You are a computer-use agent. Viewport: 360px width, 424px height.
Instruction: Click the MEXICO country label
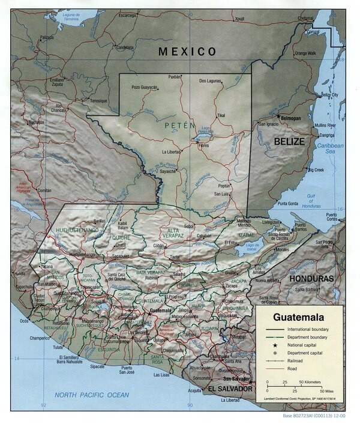pos(187,52)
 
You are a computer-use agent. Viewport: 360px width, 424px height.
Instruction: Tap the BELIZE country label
pos(290,141)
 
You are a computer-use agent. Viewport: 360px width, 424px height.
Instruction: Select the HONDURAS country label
pos(311,279)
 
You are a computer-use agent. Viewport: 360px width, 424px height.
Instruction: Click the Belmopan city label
pos(291,119)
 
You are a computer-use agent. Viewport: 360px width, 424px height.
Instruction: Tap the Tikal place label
pos(221,115)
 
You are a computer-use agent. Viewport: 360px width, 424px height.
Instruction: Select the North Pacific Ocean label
pos(91,395)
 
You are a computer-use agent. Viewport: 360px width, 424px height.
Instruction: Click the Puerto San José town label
pos(127,371)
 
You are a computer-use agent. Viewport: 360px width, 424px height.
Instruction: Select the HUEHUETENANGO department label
pos(76,230)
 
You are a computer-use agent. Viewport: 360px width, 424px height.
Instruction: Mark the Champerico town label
pos(40,339)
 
